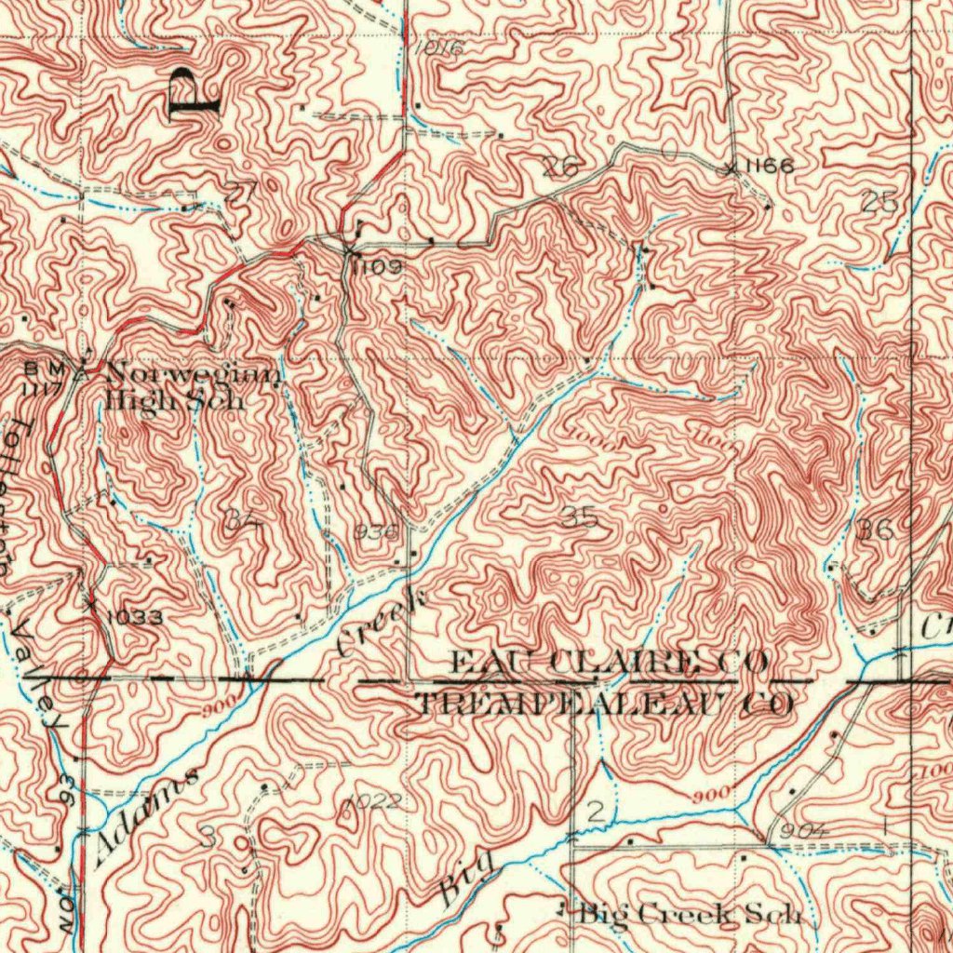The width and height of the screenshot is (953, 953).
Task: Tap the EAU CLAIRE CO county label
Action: pyautogui.click(x=610, y=663)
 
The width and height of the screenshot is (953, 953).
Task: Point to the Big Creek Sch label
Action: pyautogui.click(x=689, y=914)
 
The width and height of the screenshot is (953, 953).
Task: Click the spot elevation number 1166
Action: pyautogui.click(x=769, y=166)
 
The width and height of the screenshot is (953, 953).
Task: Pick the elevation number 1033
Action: pyautogui.click(x=135, y=617)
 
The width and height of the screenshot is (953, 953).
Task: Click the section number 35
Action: pyautogui.click(x=579, y=519)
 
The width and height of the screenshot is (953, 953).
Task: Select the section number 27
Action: pyautogui.click(x=240, y=192)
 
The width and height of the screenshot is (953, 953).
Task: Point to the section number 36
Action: pyautogui.click(x=876, y=530)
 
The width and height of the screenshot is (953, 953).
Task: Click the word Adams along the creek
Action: pyautogui.click(x=147, y=816)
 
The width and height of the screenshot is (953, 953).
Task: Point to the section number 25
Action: pyautogui.click(x=879, y=202)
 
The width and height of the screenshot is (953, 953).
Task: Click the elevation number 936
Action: pyautogui.click(x=376, y=531)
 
